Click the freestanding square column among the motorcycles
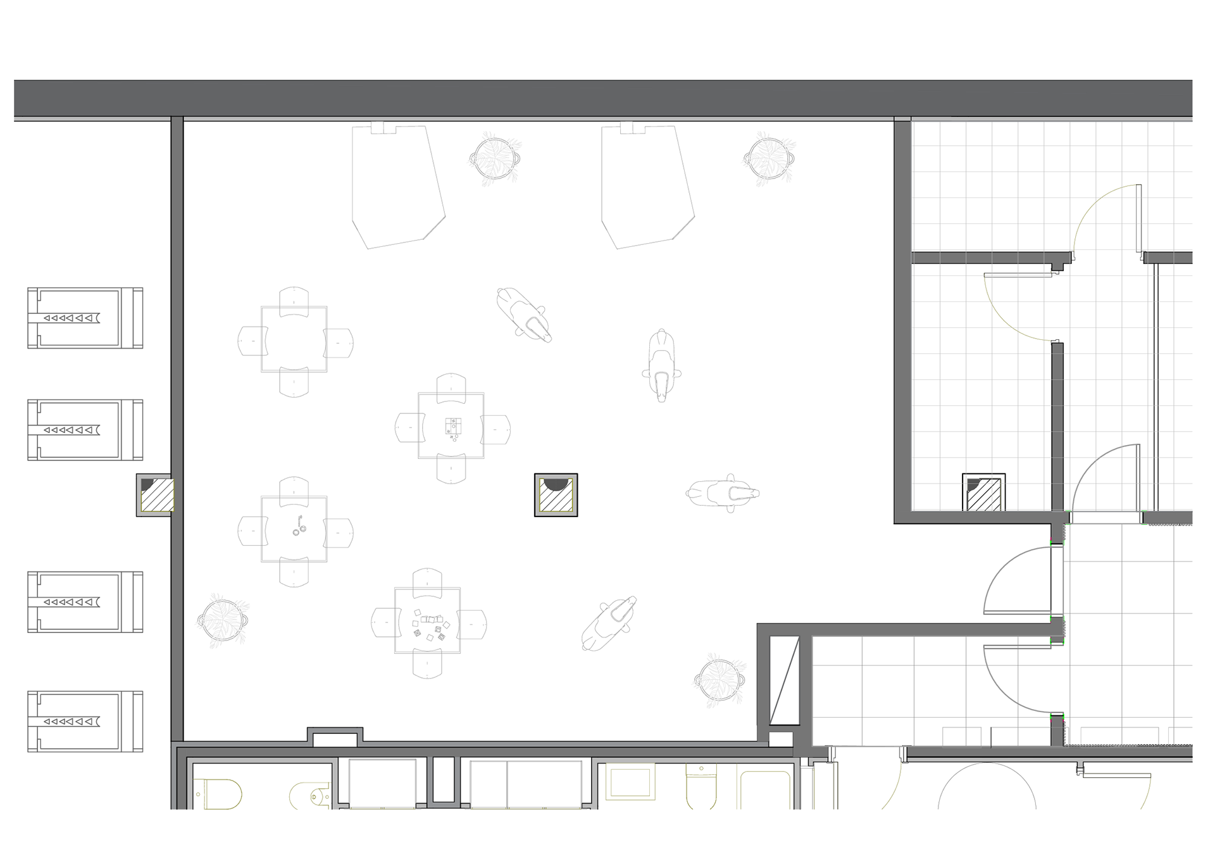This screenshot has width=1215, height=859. (x=556, y=495)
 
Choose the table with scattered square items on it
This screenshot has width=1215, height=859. (x=427, y=620)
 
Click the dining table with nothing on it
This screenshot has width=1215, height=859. (x=294, y=339)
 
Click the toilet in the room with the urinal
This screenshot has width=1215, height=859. (x=218, y=794)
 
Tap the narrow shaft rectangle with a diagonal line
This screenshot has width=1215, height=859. (x=784, y=681)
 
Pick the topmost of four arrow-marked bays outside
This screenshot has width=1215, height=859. (x=85, y=318)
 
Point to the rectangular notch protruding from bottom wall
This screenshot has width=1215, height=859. (x=335, y=737)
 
